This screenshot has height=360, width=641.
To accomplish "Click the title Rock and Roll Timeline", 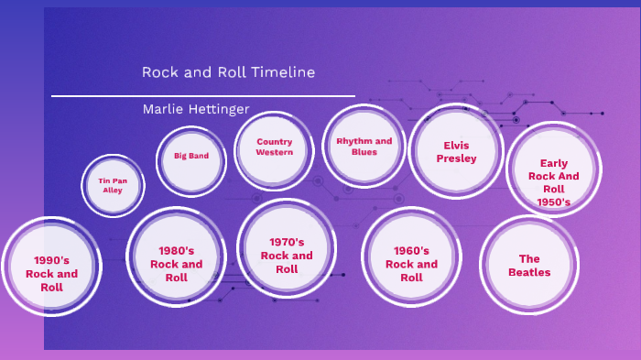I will point(229,72).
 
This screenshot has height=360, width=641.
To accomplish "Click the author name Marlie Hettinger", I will point(196,110).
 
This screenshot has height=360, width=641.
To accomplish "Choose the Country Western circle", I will point(275,147).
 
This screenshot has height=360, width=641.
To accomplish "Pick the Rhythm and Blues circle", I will point(364,147).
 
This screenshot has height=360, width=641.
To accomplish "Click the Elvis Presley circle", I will point(455,151).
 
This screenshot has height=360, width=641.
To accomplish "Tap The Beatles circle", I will point(529,266).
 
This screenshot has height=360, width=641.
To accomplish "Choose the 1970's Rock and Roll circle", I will point(287,256).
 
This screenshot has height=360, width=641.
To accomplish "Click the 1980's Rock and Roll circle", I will point(176,263).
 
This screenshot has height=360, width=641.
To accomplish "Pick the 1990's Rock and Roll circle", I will point(51,273).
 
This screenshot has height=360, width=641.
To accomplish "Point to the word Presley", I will point(456,158).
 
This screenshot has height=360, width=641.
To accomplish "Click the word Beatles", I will point(529,272).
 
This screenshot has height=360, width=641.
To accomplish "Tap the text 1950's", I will point(554,202).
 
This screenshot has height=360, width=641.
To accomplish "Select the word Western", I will point(275,152).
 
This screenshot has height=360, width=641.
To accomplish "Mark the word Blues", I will point(364,152).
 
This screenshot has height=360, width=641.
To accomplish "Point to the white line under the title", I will point(202,95).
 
